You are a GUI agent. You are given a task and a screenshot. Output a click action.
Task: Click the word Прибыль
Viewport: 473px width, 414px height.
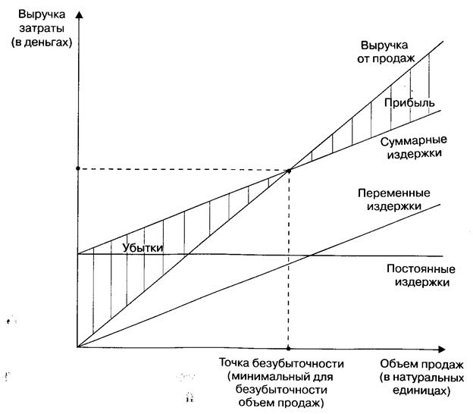tap(409, 102)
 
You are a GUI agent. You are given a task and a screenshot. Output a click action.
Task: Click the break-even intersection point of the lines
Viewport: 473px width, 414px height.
tap(289, 169)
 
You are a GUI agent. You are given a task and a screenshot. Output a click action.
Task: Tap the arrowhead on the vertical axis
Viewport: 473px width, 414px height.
tap(78, 14)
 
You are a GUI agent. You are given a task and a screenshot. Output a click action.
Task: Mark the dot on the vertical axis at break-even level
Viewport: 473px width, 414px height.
tap(78, 169)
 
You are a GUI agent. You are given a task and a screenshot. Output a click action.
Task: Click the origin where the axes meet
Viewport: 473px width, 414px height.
tap(78, 347)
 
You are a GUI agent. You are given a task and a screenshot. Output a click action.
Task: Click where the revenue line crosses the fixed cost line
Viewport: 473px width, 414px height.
tap(186, 255)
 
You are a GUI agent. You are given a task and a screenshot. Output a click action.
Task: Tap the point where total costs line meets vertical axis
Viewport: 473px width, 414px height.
tap(78, 254)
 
